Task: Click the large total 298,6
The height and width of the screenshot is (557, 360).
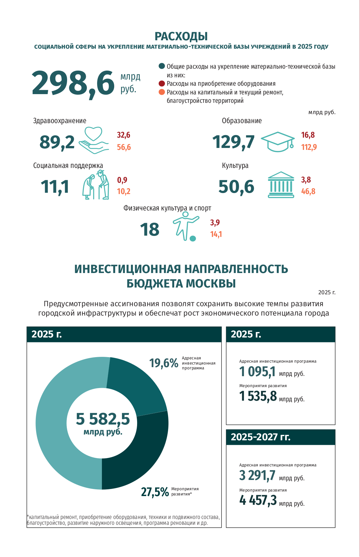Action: [x=73, y=83]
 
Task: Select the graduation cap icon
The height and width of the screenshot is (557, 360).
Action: [x=277, y=142]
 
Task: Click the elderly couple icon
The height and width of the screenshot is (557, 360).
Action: [x=96, y=185]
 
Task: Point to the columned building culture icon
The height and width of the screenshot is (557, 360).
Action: [x=281, y=185]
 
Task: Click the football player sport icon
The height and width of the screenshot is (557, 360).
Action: [x=186, y=227]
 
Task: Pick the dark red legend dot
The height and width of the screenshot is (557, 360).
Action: [x=162, y=83]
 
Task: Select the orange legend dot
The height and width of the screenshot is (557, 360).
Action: [x=162, y=92]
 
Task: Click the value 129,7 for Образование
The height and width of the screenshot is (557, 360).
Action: [x=233, y=142]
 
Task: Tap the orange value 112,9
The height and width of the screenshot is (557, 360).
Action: [x=309, y=147]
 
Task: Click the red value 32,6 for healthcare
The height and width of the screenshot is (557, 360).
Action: [x=124, y=135]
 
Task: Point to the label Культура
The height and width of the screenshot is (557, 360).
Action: [x=235, y=166]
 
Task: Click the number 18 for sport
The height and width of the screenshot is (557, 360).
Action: [x=150, y=230]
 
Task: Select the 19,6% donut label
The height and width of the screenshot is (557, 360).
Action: [x=164, y=363]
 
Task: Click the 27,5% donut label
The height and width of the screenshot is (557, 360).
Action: [x=155, y=492]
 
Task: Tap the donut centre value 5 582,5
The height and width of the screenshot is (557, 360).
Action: [x=103, y=419]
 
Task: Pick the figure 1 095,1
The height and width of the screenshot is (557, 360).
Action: [x=257, y=372]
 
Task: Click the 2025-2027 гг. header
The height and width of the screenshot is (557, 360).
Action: [x=261, y=437]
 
